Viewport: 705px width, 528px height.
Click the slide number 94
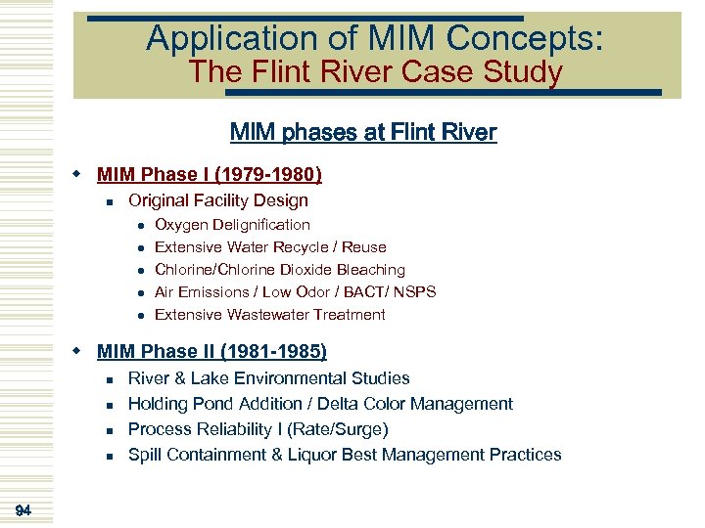tap(23, 508)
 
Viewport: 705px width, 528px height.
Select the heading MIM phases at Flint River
tap(363, 132)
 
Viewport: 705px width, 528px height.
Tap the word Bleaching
tap(370, 270)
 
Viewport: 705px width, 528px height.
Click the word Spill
tap(145, 455)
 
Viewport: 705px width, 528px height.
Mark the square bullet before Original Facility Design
tap(112, 202)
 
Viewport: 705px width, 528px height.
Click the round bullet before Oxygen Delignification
tap(141, 226)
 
